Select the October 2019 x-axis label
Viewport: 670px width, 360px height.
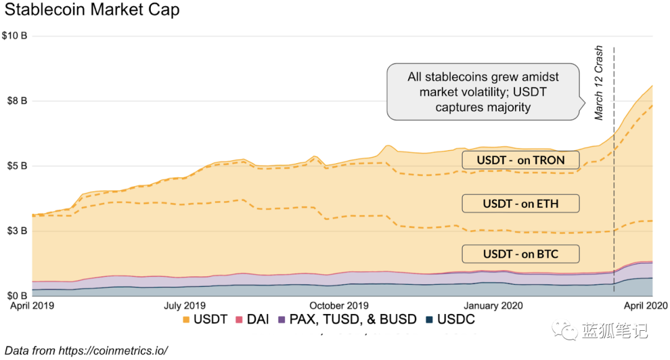[x=339, y=305]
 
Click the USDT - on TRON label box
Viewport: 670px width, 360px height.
[x=520, y=160]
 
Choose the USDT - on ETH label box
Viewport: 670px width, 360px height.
[x=520, y=203]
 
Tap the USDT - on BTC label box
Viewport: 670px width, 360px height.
[x=520, y=254]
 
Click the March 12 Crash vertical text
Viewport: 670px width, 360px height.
[x=599, y=83]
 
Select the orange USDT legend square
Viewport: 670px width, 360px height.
[x=186, y=320]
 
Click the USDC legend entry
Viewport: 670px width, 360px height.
[x=450, y=320]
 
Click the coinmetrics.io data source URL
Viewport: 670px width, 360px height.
[x=113, y=350]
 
